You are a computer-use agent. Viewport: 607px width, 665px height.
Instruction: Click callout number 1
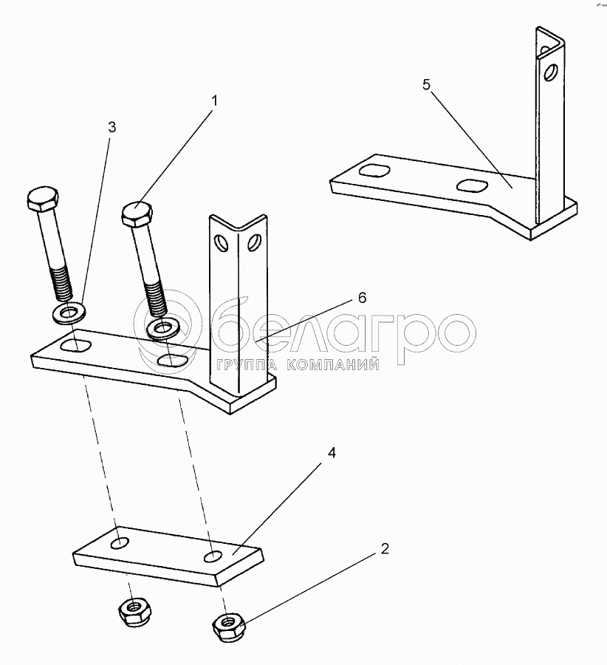[214, 101]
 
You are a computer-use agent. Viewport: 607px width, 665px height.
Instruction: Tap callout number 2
[385, 549]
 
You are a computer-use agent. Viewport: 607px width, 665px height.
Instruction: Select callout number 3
[112, 127]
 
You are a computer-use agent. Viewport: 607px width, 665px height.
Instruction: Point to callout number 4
[332, 453]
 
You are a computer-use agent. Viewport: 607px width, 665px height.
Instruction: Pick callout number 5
[426, 84]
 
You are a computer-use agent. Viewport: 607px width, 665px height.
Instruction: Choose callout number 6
[362, 298]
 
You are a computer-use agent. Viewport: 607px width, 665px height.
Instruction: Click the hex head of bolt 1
[137, 214]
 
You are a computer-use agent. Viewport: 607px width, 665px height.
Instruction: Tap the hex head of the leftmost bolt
[43, 199]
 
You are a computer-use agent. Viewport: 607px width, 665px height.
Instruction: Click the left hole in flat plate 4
[120, 543]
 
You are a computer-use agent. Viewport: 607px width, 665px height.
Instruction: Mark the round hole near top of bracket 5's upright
[550, 73]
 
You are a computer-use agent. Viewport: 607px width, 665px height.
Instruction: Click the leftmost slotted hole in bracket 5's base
[374, 171]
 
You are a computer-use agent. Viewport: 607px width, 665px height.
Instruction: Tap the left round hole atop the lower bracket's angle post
[222, 243]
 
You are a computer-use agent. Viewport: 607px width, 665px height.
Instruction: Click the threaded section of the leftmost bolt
[61, 283]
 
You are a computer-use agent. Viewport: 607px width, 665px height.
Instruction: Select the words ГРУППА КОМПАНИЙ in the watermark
[298, 364]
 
